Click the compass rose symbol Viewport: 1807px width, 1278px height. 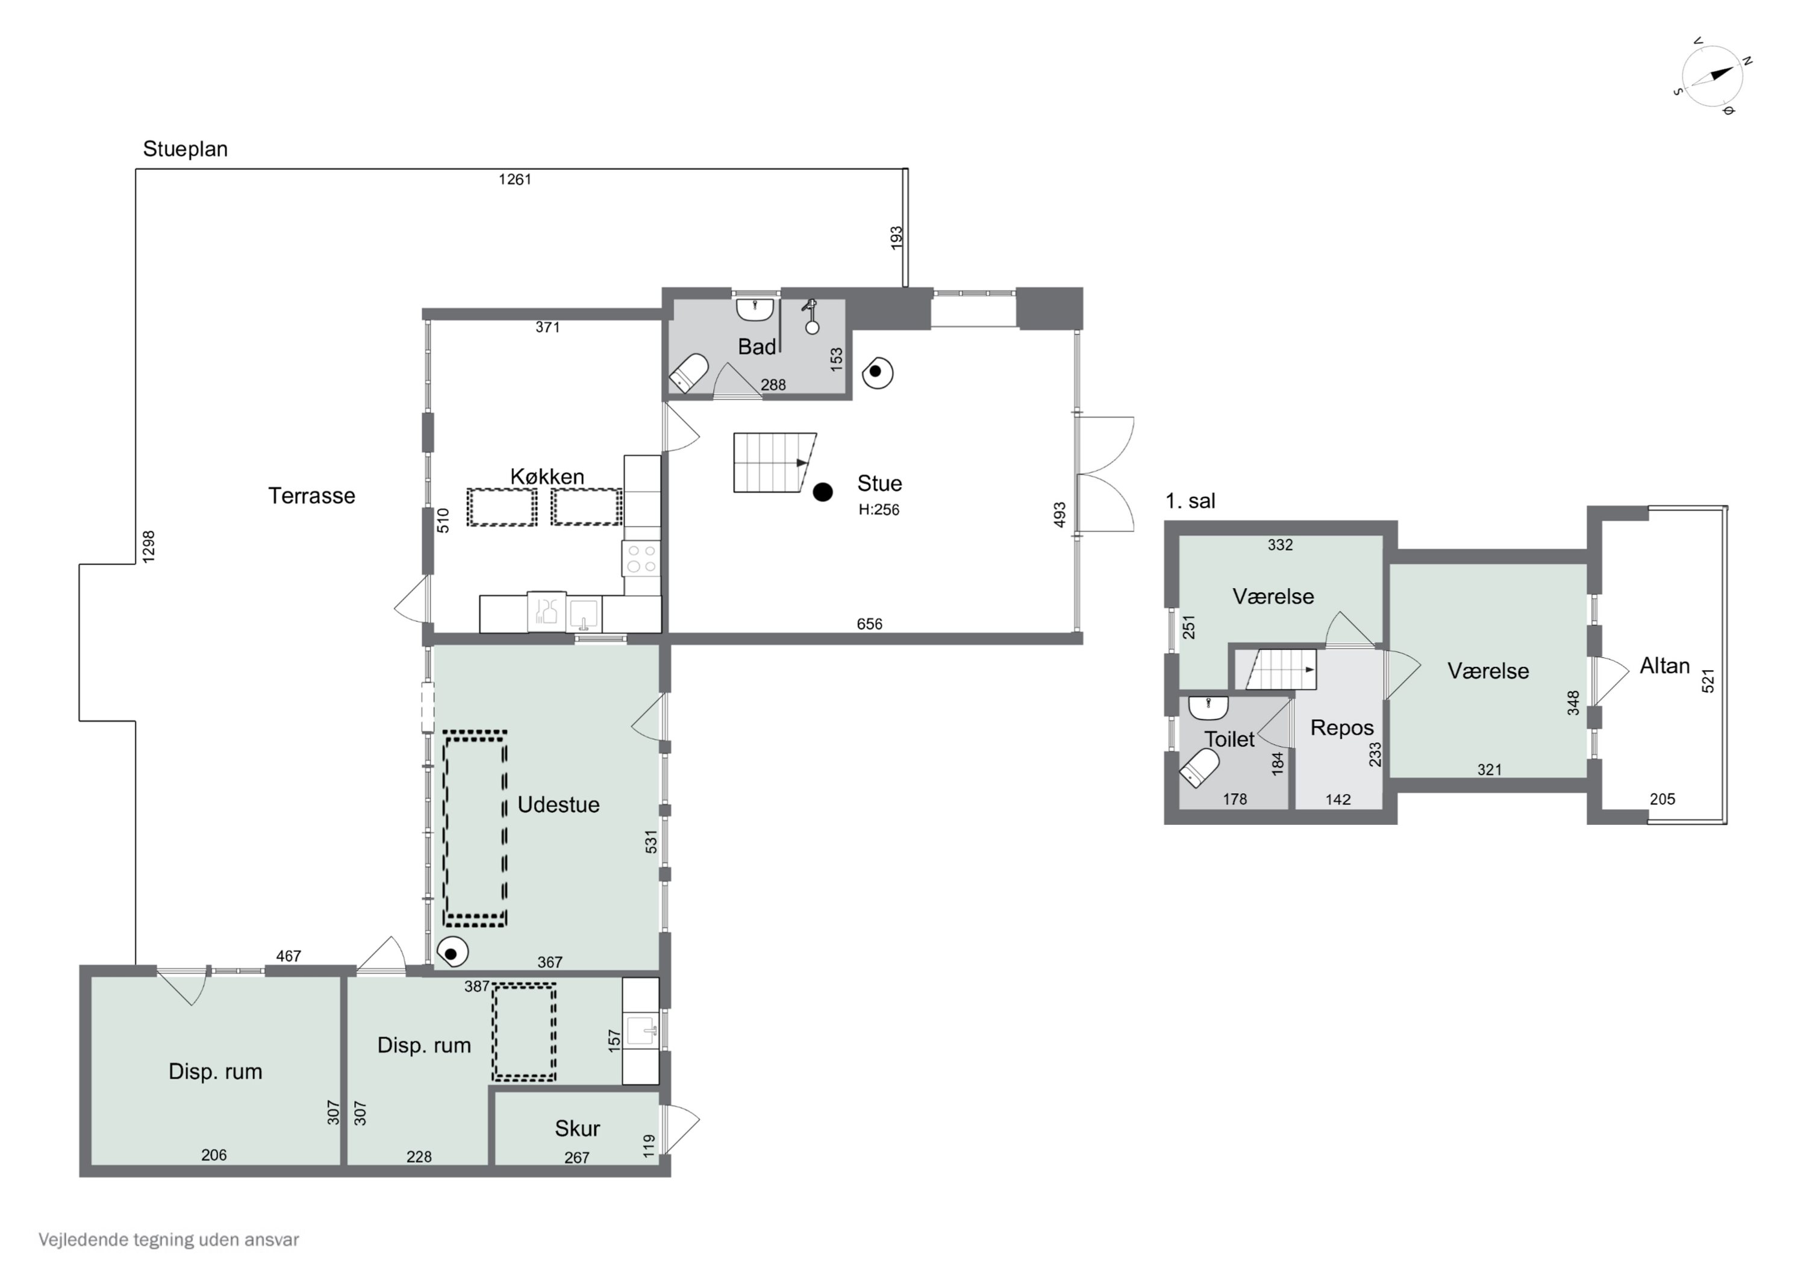[1712, 77]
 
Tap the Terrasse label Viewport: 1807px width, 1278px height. [311, 496]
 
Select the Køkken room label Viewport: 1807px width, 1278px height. [547, 477]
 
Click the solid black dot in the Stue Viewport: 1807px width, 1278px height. [822, 492]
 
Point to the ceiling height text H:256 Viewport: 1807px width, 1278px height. [878, 510]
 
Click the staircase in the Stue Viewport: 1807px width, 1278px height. [773, 463]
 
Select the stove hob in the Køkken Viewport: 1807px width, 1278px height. [641, 559]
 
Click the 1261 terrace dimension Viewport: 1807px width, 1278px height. [515, 180]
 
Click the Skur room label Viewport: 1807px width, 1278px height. [577, 1129]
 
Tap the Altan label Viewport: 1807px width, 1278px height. [1665, 666]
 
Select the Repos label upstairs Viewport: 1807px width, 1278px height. [1342, 728]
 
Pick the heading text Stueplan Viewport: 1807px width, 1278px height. [185, 149]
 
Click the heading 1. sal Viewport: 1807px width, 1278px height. [1190, 501]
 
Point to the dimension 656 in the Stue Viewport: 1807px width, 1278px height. [870, 624]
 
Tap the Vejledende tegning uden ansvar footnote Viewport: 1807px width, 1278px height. [169, 1240]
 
